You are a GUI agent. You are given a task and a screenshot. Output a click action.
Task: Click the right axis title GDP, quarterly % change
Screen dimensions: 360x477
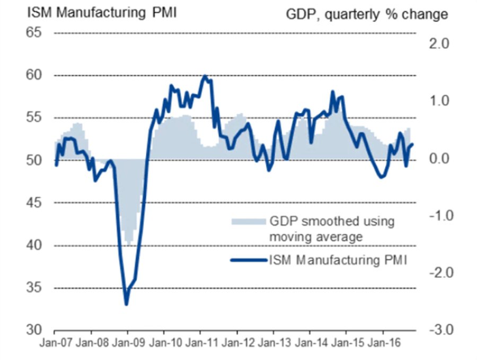[367, 14]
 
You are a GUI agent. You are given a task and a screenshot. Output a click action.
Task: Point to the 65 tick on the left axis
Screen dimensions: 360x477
[32, 32]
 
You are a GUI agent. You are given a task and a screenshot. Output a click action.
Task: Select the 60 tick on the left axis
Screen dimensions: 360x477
[32, 75]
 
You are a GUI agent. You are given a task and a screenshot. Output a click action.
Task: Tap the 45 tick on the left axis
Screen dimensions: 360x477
[32, 203]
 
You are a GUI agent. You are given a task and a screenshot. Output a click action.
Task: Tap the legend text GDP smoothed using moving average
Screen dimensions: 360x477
[331, 229]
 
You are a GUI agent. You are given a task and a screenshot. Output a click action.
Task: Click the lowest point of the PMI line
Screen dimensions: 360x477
[126, 304]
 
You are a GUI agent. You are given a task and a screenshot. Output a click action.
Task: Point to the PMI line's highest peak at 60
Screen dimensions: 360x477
[205, 76]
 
